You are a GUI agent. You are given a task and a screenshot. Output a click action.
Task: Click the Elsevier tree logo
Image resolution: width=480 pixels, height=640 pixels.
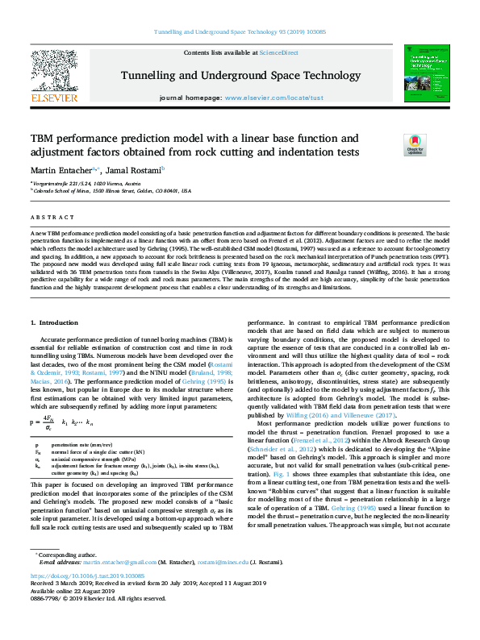(x=53, y=71)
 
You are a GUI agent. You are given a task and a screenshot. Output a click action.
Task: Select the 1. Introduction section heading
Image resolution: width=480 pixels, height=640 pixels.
(x=56, y=322)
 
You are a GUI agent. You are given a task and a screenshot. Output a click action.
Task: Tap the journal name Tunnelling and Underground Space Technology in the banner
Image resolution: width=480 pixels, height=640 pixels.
(x=240, y=75)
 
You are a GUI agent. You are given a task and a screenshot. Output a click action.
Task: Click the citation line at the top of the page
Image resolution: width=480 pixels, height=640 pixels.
(x=240, y=32)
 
